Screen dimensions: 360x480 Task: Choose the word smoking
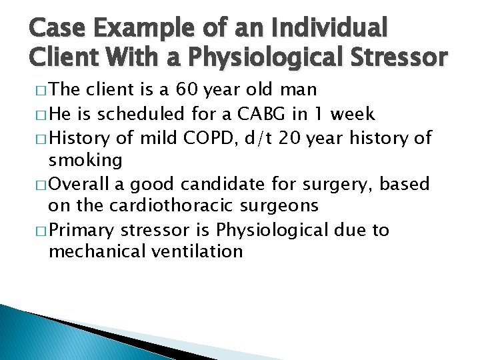85,159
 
